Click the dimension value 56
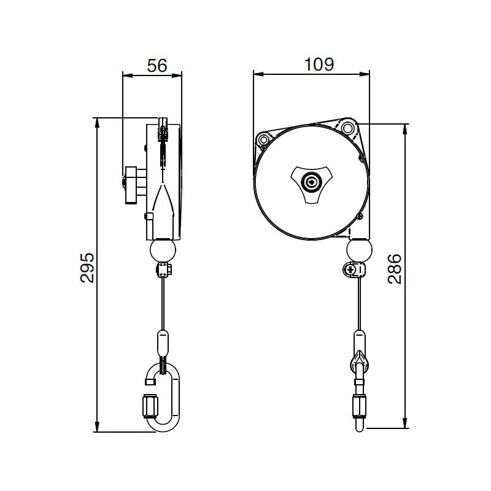[x=157, y=66]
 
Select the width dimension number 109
[x=319, y=64]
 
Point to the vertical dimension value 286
[x=396, y=268]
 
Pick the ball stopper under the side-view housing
[x=163, y=250]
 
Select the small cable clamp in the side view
[x=164, y=269]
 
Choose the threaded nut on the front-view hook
[x=359, y=404]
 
